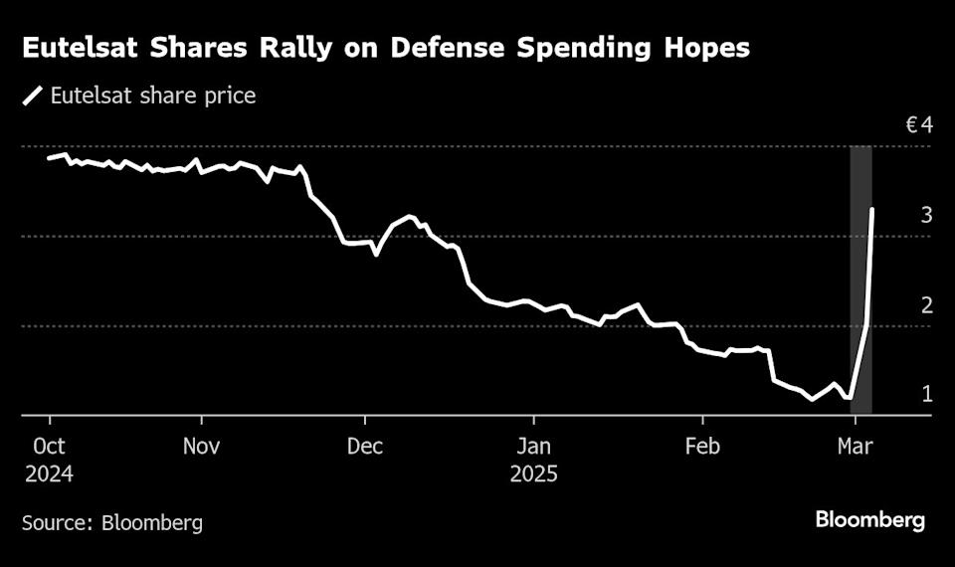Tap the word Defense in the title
tap(441, 49)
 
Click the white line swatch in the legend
tap(34, 96)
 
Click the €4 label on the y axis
tap(918, 126)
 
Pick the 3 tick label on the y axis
tap(926, 215)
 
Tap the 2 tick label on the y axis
tap(926, 304)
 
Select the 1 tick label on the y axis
tap(926, 394)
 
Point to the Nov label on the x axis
tap(202, 445)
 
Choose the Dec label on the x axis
tap(365, 445)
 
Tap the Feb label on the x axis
tap(701, 445)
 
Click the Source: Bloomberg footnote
tap(112, 522)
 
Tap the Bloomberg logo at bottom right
tap(869, 519)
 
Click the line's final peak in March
tap(872, 209)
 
